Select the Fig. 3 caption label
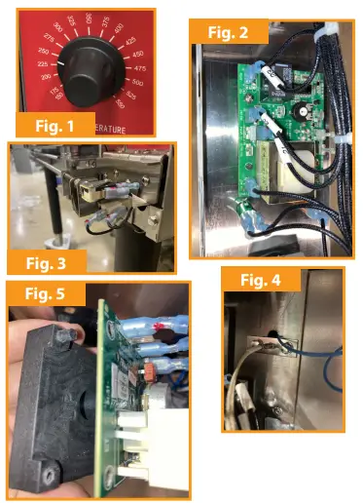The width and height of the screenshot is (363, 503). click(x=44, y=261)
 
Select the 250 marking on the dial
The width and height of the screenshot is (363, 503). click(x=44, y=50)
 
